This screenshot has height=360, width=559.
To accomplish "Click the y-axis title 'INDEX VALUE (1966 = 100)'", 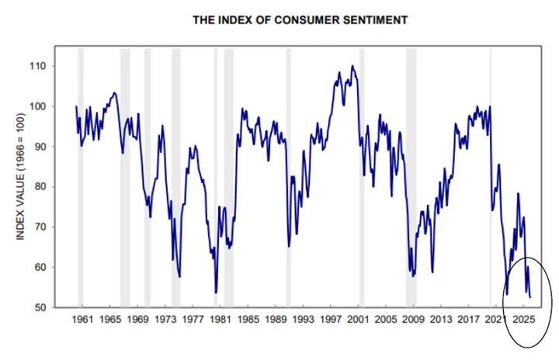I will [23, 187].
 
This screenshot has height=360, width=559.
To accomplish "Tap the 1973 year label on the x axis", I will [165, 319].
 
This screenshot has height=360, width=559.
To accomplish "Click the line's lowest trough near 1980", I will [216, 292].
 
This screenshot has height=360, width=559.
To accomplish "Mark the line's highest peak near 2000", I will [353, 66].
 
